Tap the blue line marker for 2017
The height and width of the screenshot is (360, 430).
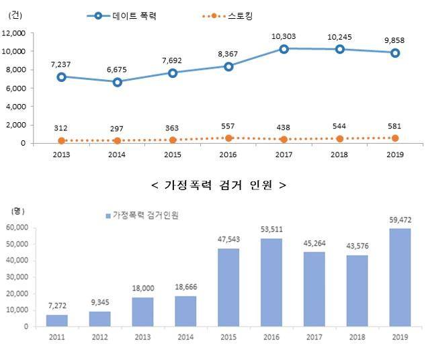click(x=284, y=48)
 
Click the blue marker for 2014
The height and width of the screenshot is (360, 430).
click(x=117, y=82)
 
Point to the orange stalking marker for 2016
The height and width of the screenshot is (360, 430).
click(x=228, y=138)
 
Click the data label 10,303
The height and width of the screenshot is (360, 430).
click(x=284, y=35)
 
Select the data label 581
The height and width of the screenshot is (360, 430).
click(x=395, y=126)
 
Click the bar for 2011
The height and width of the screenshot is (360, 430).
click(x=58, y=320)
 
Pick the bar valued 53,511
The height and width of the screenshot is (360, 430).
click(x=271, y=282)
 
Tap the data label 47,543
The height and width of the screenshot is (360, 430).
click(x=228, y=241)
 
